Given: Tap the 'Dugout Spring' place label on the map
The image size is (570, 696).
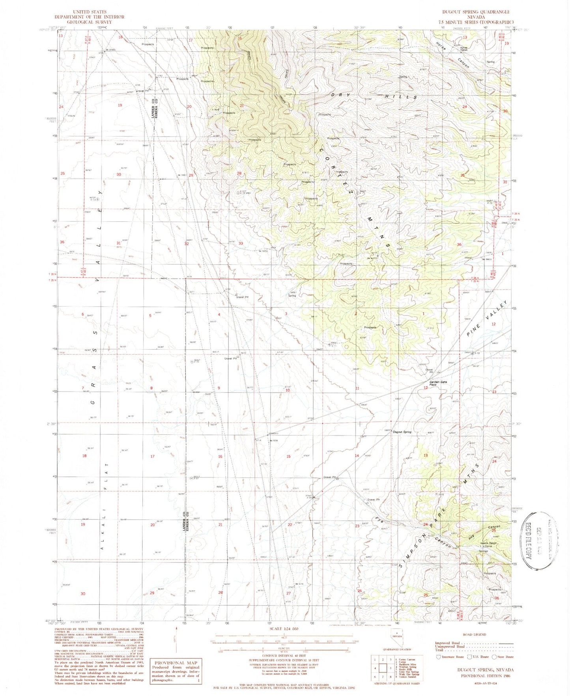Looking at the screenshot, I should [x=402, y=432].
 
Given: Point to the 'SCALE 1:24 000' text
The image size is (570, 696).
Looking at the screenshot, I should [x=284, y=629].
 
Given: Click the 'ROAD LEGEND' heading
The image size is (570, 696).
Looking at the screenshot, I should [x=474, y=634].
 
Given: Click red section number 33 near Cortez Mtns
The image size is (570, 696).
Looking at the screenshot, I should [x=241, y=243].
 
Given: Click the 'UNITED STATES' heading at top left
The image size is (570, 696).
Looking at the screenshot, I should [x=90, y=12].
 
